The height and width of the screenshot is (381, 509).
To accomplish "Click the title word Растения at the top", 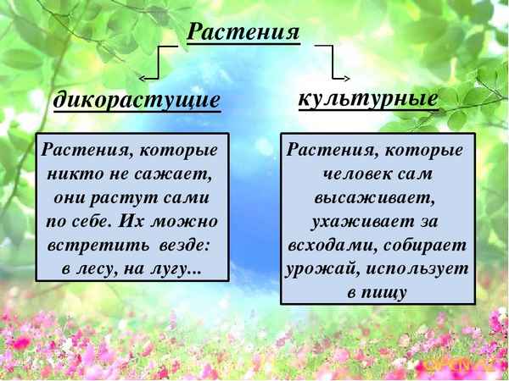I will coord(243,31).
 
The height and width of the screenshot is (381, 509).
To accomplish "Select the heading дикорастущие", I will coord(137,101).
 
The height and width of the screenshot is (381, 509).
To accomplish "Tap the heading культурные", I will coord(368,97).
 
